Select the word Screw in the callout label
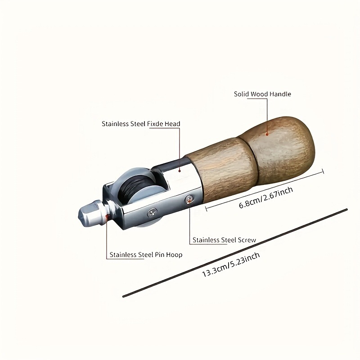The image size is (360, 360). point(247,240)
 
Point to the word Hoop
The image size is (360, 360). point(174,255)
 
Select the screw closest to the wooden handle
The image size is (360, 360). point(190,198)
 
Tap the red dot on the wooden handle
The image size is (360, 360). point(267,133)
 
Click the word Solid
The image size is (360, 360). point(242,94)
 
